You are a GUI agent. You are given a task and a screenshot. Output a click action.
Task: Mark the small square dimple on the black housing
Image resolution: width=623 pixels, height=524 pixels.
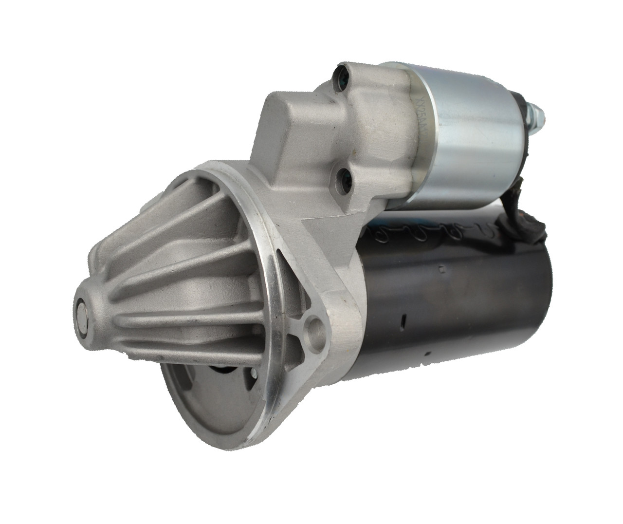coord(440,267)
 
